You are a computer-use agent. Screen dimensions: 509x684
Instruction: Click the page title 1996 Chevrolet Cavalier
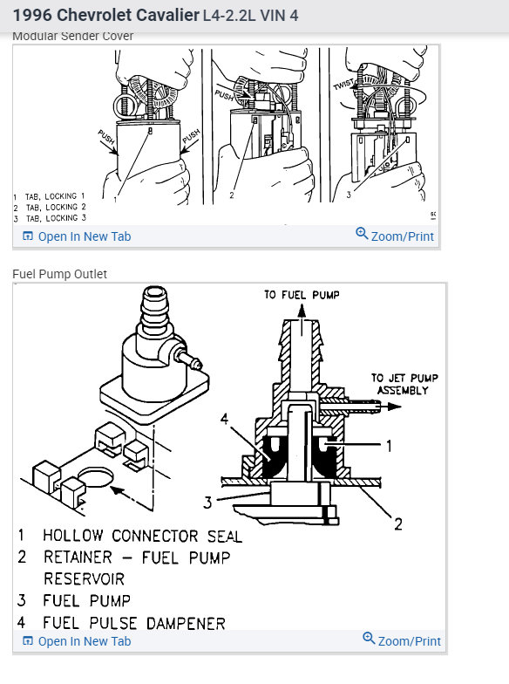point(106,16)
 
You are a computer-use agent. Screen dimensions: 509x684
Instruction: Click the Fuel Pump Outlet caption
point(59,274)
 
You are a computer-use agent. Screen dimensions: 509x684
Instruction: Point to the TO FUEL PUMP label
point(302,295)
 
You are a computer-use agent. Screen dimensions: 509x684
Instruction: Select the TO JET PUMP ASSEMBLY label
point(404,384)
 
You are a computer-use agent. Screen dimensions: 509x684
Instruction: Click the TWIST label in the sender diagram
point(343,84)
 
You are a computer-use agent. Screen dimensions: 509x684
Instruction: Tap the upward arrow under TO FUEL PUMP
point(302,320)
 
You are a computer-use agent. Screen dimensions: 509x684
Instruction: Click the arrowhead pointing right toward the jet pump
point(394,407)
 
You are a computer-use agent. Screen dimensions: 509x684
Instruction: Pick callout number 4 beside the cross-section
point(225,419)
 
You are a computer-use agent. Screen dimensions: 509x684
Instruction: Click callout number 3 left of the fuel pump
point(207,503)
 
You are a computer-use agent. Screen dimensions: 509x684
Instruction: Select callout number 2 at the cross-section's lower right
point(397,523)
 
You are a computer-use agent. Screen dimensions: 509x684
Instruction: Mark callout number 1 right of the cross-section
point(389,446)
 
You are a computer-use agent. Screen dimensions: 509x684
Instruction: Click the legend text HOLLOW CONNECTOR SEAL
point(142,536)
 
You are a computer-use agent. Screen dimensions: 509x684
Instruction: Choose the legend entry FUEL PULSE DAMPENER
point(134,623)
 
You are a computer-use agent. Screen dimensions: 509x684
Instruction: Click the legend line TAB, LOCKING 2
point(56,208)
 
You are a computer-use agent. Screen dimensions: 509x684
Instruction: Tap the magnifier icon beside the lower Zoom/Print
point(369,639)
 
